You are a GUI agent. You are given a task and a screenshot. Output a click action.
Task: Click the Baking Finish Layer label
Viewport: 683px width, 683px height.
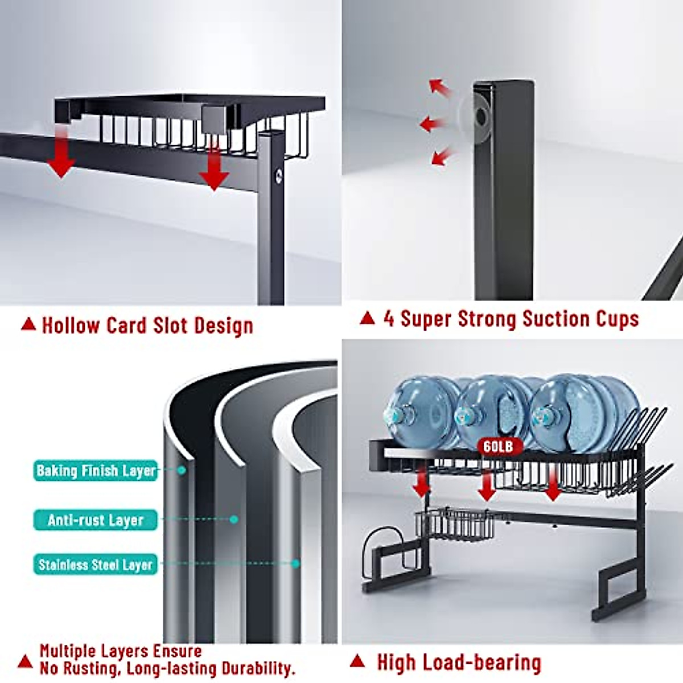(x=96, y=470)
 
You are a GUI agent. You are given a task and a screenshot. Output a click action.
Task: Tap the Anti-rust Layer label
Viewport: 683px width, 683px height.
(x=96, y=520)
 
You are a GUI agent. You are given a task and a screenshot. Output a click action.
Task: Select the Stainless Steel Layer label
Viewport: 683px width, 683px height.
(x=96, y=564)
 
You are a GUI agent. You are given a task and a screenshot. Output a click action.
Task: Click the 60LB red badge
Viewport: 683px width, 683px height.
(x=498, y=447)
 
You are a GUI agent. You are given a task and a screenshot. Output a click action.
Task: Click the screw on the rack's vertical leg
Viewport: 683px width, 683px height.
(x=278, y=176)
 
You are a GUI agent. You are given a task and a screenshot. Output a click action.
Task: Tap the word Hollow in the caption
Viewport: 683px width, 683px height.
(x=71, y=326)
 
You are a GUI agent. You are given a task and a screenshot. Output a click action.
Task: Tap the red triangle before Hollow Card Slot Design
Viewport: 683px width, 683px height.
(x=28, y=324)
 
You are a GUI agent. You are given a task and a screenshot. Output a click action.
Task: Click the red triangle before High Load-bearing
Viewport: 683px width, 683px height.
(x=357, y=660)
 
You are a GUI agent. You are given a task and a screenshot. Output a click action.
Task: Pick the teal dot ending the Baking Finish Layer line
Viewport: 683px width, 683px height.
(x=182, y=470)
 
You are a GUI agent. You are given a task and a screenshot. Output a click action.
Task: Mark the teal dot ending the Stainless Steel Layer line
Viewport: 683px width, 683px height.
(x=295, y=563)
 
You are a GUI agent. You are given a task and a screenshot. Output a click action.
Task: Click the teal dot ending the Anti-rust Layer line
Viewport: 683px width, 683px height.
(x=233, y=519)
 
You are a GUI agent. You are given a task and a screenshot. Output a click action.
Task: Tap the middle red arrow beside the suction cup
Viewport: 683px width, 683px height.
(x=431, y=124)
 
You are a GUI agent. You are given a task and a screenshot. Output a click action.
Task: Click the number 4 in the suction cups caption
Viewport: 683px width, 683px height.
(x=389, y=318)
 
